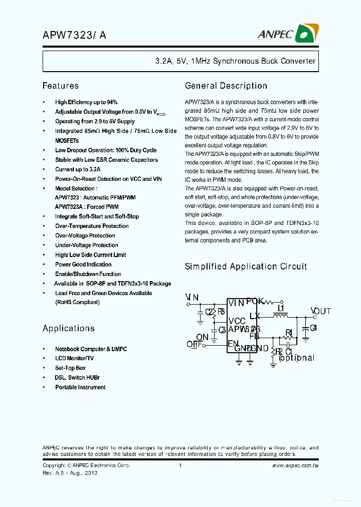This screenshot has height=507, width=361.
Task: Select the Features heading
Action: point(60,86)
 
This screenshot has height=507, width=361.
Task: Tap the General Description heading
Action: point(226,86)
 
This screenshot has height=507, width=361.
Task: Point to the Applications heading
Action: point(68,328)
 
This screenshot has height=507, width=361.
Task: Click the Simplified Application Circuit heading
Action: point(246,267)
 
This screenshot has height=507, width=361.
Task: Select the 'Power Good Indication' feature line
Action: point(83,265)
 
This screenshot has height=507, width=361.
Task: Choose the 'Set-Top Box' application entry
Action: point(70,368)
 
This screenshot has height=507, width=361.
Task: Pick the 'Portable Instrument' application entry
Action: point(80,387)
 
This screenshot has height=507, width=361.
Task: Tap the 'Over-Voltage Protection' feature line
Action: point(85,235)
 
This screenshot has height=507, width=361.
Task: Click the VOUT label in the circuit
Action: point(320,311)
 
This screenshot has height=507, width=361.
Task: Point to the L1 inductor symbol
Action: point(280,316)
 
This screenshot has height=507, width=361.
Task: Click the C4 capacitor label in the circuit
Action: point(313,328)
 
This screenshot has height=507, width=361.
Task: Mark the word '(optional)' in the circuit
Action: point(296,358)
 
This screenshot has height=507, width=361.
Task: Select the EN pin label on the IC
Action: point(233,344)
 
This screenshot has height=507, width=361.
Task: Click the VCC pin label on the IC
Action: point(237,321)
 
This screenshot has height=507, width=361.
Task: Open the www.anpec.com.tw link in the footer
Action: point(295,466)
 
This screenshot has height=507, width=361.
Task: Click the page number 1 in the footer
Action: point(180,466)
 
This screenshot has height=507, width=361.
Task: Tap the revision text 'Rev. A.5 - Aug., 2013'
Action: point(70,473)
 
